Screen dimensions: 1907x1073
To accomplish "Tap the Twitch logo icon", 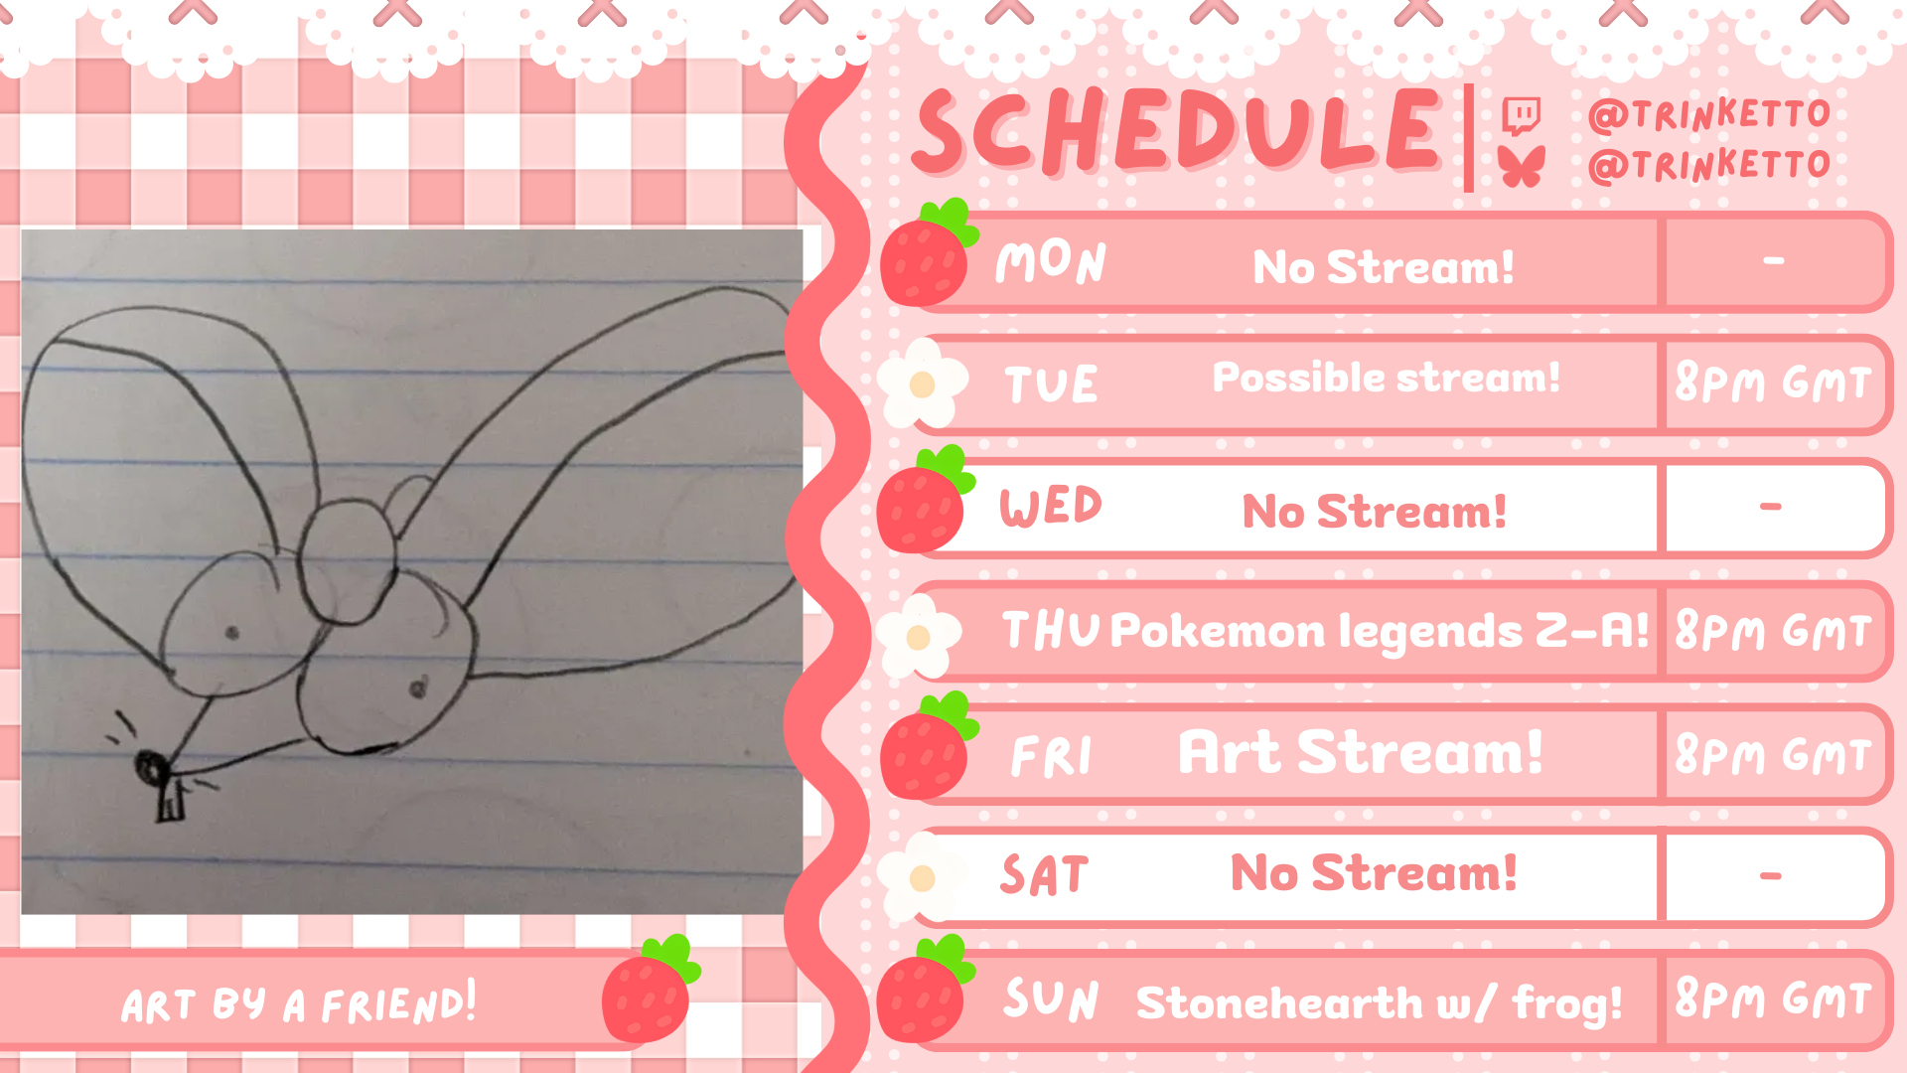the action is pyautogui.click(x=1521, y=116).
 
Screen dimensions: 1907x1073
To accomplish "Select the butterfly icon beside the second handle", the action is pyautogui.click(x=1523, y=166).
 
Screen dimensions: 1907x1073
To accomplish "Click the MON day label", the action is pyautogui.click(x=1051, y=262).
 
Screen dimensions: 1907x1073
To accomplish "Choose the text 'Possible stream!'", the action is pyautogui.click(x=1387, y=378).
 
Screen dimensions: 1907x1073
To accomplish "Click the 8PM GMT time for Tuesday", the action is pyautogui.click(x=1773, y=383).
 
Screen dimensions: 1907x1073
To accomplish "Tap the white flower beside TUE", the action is pyautogui.click(x=922, y=383).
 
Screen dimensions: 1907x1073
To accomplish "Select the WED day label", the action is pyautogui.click(x=1051, y=507).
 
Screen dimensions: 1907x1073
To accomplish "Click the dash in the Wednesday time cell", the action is pyautogui.click(x=1771, y=507).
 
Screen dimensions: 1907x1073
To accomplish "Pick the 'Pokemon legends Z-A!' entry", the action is pyautogui.click(x=1379, y=631).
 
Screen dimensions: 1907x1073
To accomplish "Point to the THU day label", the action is pyautogui.click(x=1051, y=631).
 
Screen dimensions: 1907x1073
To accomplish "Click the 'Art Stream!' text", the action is pyautogui.click(x=1361, y=752).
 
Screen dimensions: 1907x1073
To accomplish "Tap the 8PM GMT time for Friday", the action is pyautogui.click(x=1773, y=754).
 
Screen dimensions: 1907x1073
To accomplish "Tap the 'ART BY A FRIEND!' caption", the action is pyautogui.click(x=299, y=1003).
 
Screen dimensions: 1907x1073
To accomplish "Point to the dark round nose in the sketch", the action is pyautogui.click(x=151, y=767).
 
